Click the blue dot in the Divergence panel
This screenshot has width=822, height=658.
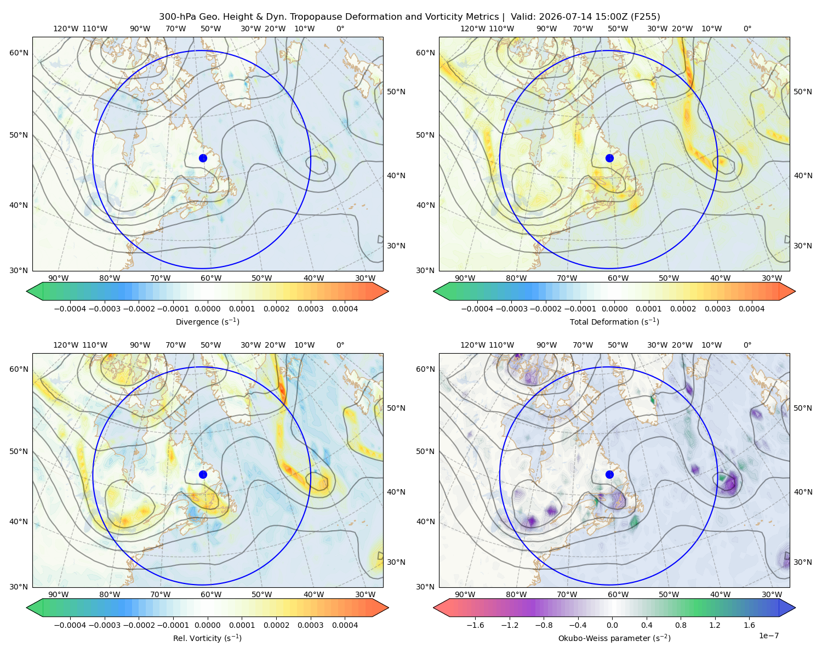203,158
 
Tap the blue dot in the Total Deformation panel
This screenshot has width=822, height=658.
609,158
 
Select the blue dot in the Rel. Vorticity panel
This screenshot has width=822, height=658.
203,474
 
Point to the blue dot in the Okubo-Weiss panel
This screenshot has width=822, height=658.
609,474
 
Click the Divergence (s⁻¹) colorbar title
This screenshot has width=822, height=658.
207,322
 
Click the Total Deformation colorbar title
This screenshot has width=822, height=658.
614,322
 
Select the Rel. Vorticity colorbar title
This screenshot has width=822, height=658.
207,638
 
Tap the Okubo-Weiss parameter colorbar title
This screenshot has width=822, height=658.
614,638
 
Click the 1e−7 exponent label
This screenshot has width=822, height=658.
768,636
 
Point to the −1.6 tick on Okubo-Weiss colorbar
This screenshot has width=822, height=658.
475,625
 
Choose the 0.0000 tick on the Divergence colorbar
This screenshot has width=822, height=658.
207,309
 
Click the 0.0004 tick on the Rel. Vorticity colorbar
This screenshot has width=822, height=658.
345,625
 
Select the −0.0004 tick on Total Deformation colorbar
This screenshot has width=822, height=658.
477,309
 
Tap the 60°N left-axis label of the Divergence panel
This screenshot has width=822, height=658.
19,53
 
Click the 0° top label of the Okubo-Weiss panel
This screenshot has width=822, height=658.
747,345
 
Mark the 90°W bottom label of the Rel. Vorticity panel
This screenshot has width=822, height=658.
59,594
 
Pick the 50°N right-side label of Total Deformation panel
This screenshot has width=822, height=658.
803,92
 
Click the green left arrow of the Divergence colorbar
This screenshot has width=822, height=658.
35,291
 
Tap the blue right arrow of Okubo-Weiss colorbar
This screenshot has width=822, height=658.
787,608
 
